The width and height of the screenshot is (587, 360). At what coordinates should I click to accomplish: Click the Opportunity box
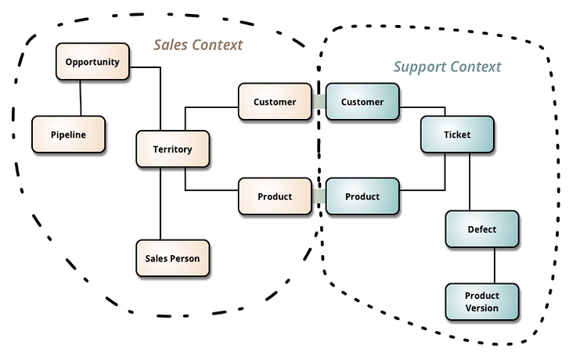coord(92,61)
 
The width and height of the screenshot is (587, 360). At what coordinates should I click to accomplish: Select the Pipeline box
coord(69,135)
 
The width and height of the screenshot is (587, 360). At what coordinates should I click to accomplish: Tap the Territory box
coord(173,149)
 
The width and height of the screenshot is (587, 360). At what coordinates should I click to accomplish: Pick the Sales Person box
coord(173,258)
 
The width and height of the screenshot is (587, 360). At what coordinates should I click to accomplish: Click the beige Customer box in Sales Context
coord(275,102)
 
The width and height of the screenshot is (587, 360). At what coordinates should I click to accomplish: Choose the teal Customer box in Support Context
coord(362,102)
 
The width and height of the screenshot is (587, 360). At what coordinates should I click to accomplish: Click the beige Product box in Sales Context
coord(275,196)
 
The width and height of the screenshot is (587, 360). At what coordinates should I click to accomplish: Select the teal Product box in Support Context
coord(362,196)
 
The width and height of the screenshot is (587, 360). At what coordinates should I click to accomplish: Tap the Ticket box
coord(457,135)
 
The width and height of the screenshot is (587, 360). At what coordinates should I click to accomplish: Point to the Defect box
coord(482,229)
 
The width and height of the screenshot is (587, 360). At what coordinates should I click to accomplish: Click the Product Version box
coord(482,301)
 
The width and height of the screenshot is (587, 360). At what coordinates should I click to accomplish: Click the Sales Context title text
coord(198,45)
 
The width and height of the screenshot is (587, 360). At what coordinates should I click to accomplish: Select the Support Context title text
coord(447,67)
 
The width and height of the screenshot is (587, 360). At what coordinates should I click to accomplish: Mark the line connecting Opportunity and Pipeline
coord(80,98)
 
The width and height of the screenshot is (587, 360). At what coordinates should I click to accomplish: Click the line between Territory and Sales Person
coord(160,203)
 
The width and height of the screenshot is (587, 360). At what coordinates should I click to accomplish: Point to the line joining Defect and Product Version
coord(494,265)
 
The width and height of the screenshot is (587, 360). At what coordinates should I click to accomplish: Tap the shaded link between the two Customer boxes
coord(319,102)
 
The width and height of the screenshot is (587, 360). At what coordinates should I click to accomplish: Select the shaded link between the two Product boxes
coord(319,196)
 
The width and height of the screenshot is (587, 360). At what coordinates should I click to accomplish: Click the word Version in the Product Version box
coord(482,308)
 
